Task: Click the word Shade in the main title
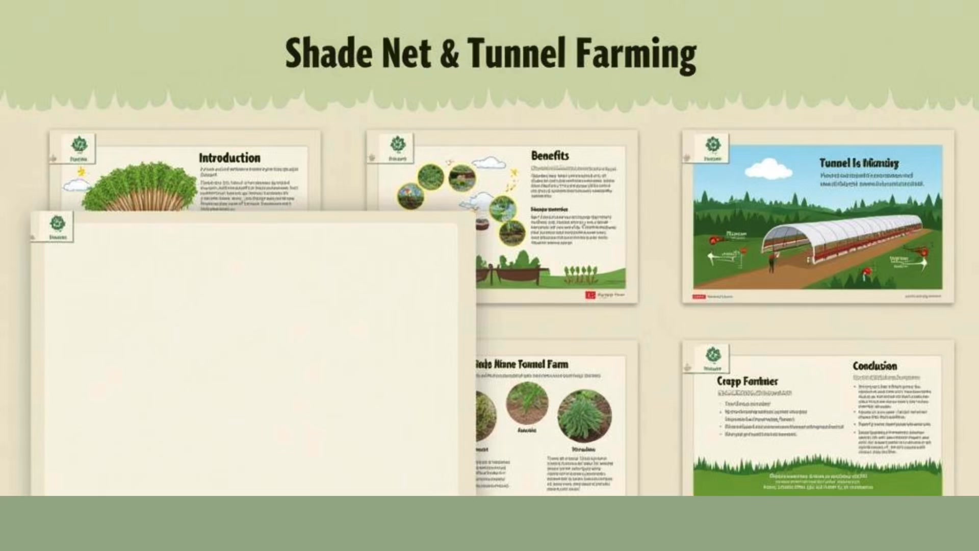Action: pos(328,54)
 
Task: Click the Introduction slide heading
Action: pos(229,158)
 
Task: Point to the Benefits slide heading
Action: pos(550,156)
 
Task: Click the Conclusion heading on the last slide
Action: pos(874,366)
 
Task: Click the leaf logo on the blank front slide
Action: pos(57,223)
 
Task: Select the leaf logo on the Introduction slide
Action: pos(79,144)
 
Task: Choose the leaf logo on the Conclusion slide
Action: pos(712,355)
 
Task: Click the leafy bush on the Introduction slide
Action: pos(140,186)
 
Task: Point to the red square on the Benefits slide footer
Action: pos(590,295)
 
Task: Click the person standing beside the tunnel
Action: pos(771,263)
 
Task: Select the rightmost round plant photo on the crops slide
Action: pos(584,416)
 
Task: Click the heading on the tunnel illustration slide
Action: pos(859,163)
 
